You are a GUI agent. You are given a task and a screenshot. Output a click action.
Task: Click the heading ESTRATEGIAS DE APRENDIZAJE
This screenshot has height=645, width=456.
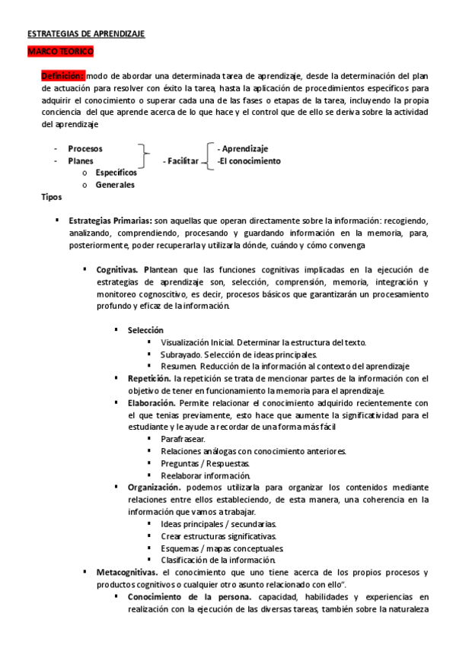[x=86, y=34]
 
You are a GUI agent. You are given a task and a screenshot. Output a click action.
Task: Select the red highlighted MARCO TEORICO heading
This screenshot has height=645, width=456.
[x=60, y=51]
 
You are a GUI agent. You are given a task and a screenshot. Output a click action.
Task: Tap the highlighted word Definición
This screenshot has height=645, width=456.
[x=62, y=75]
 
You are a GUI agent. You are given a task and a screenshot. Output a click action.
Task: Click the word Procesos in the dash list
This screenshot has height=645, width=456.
[x=85, y=149]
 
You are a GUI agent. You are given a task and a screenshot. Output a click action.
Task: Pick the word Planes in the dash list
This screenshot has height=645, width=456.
[x=81, y=161]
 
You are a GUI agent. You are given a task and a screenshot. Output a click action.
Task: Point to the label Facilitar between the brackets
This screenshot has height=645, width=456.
[x=181, y=161]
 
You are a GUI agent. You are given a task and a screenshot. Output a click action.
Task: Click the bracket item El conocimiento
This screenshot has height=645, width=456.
[x=249, y=161]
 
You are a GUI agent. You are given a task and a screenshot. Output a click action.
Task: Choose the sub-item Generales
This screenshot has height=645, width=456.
[x=115, y=185]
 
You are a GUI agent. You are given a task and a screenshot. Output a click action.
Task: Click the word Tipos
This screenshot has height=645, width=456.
[x=52, y=197]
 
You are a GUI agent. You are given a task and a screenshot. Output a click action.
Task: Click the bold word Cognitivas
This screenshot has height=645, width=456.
[x=117, y=269]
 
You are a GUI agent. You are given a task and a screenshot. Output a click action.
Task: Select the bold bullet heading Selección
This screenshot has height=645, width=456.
[x=145, y=330]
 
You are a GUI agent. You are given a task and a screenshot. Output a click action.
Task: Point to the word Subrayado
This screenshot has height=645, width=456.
[x=178, y=354]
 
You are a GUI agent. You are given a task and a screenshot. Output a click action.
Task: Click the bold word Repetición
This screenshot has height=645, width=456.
[x=149, y=378]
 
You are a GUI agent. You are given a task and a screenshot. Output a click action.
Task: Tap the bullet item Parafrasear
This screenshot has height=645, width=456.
[x=183, y=439]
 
